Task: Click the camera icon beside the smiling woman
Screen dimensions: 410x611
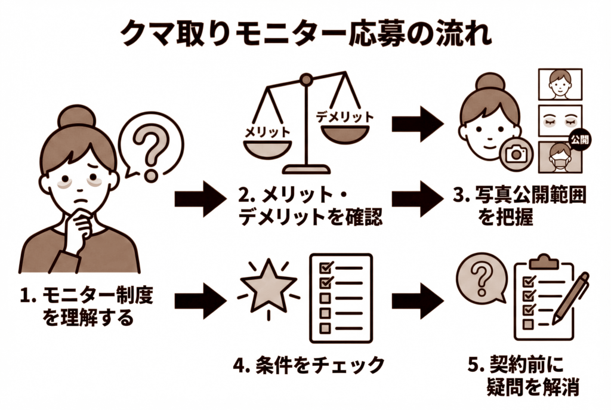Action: [514, 154]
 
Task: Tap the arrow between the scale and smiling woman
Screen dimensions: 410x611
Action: [418, 124]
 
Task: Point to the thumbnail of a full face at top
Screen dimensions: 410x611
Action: [560, 84]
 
